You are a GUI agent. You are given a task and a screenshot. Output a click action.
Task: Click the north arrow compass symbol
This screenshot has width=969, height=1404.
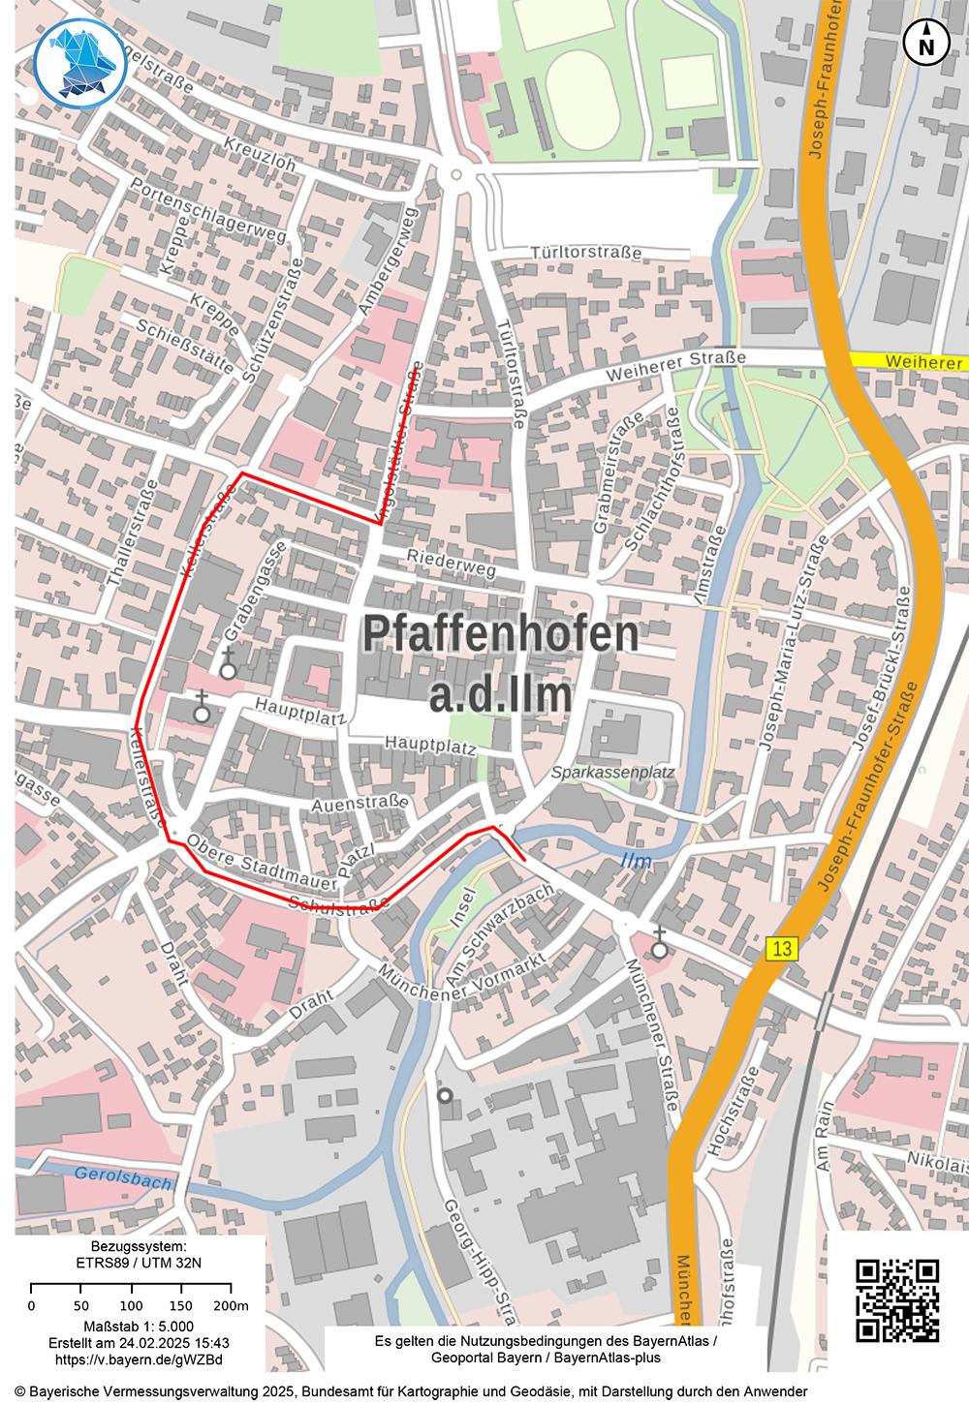926,43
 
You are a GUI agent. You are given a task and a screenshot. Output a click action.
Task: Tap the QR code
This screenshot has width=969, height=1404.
899,1300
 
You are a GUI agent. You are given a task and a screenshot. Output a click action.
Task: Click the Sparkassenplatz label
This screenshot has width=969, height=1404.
612,773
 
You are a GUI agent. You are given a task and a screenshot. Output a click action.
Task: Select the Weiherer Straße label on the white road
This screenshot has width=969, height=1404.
675,367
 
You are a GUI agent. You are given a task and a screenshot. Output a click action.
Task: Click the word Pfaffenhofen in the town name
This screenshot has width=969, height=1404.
501,634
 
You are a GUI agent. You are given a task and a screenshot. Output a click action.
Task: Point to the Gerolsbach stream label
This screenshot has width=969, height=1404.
123,1179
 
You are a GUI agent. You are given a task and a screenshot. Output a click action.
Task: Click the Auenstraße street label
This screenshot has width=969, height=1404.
358,804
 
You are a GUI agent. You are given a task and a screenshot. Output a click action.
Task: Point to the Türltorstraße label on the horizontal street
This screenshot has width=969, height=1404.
585,253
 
